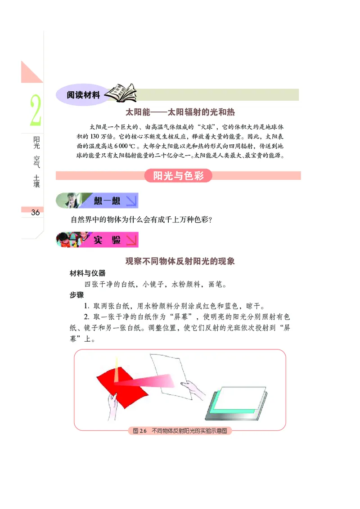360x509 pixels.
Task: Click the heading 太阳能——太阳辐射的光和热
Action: (180, 112)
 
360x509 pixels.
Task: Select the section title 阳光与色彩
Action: (179, 176)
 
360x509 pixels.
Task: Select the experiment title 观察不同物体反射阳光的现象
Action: (180, 261)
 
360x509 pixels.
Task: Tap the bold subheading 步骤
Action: (76, 295)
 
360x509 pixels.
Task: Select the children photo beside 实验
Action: (71, 240)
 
